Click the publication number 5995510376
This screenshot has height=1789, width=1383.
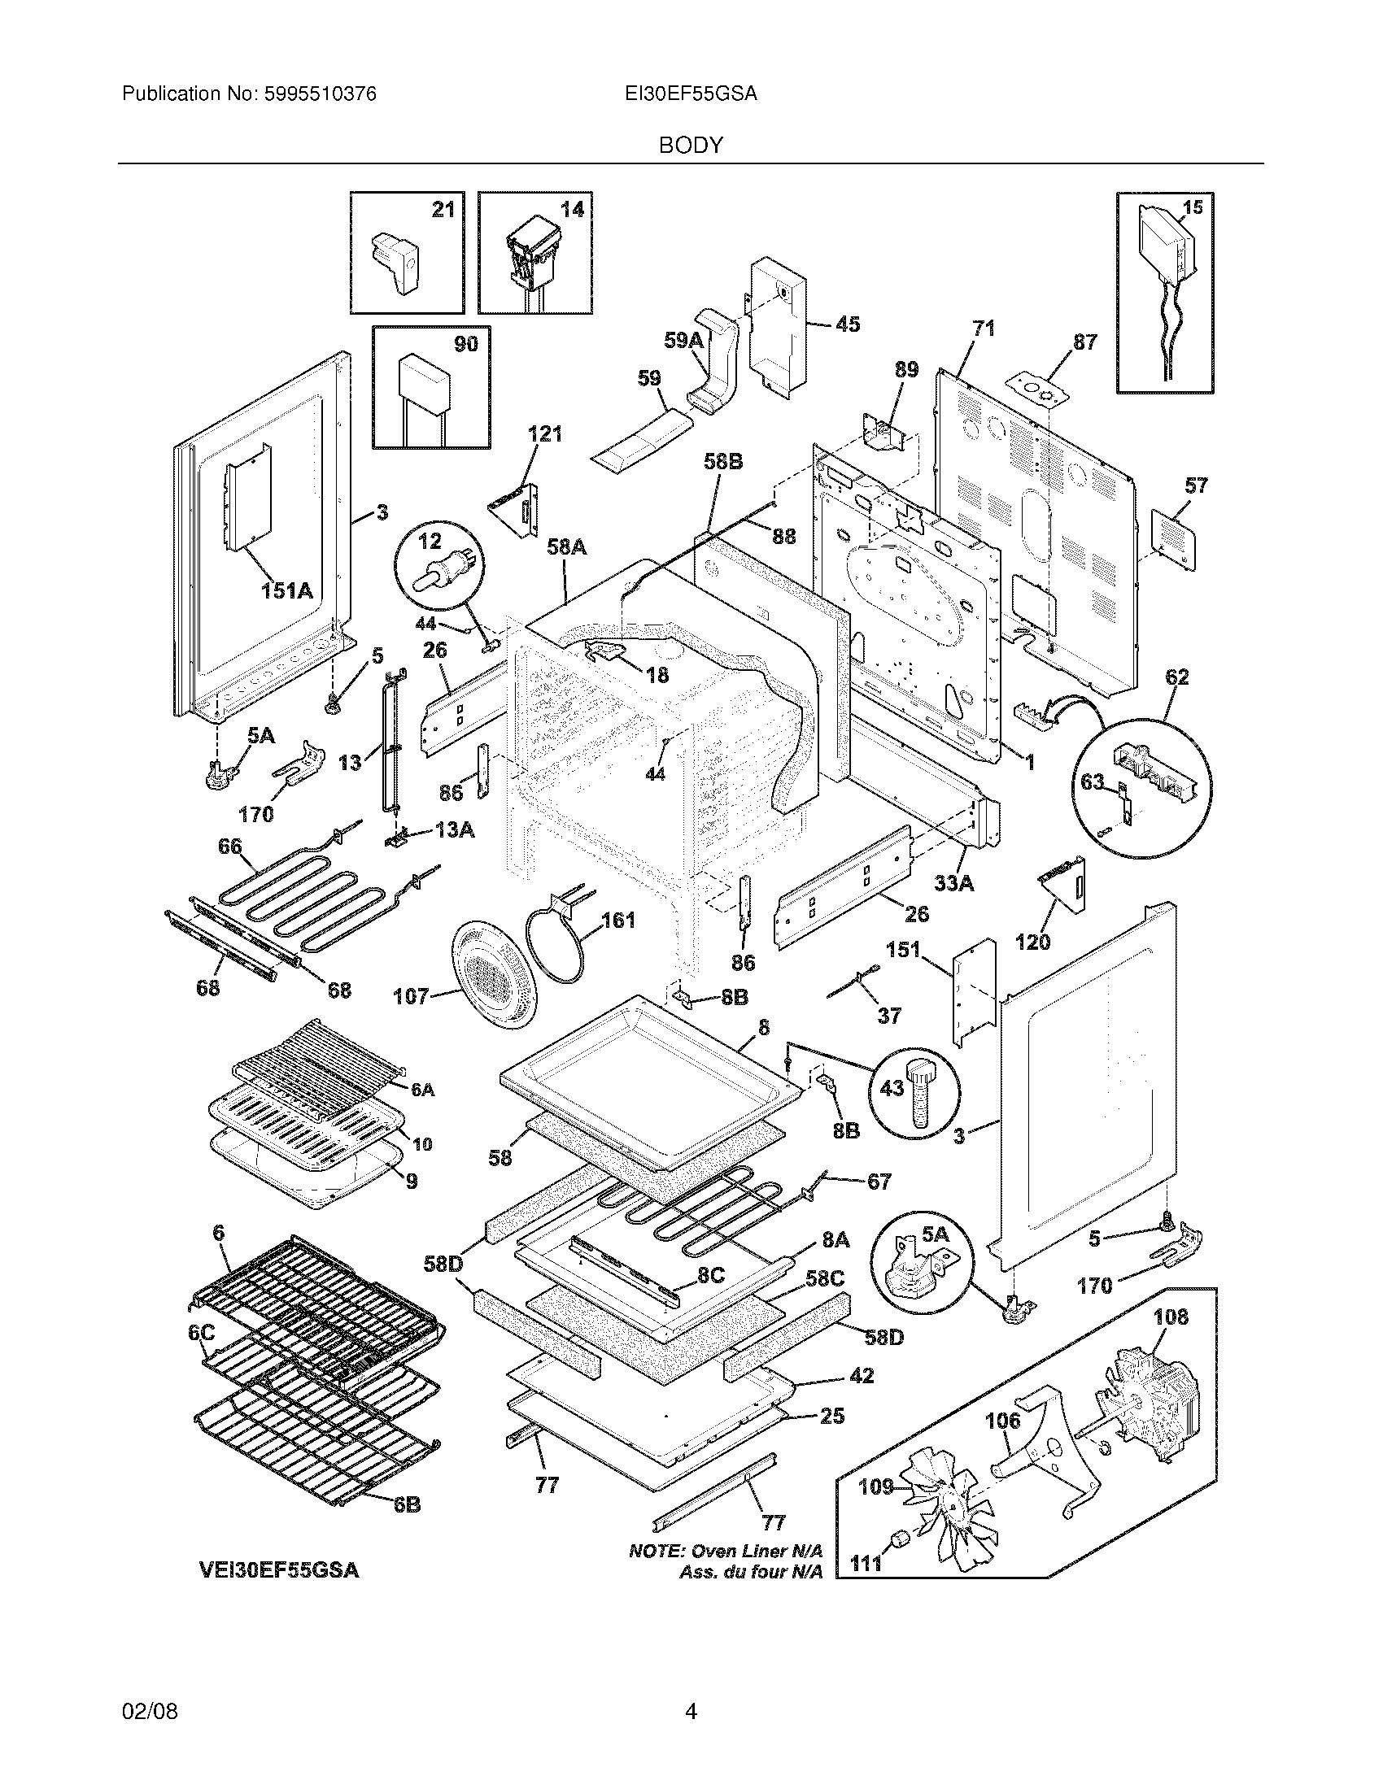click(x=320, y=94)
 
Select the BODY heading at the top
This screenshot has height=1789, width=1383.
click(x=691, y=146)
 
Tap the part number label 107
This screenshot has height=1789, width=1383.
click(x=411, y=995)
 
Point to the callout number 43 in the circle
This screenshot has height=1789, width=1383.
click(x=892, y=1087)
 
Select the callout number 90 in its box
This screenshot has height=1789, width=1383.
click(x=465, y=344)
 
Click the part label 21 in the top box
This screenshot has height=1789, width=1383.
click(x=443, y=210)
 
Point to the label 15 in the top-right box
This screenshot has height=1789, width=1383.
click(x=1193, y=207)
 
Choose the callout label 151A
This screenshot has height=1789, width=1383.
click(x=286, y=589)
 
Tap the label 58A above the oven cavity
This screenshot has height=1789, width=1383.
click(x=566, y=546)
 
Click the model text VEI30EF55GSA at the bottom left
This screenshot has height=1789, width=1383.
click(x=278, y=1569)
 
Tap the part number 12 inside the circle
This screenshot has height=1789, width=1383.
click(x=430, y=541)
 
